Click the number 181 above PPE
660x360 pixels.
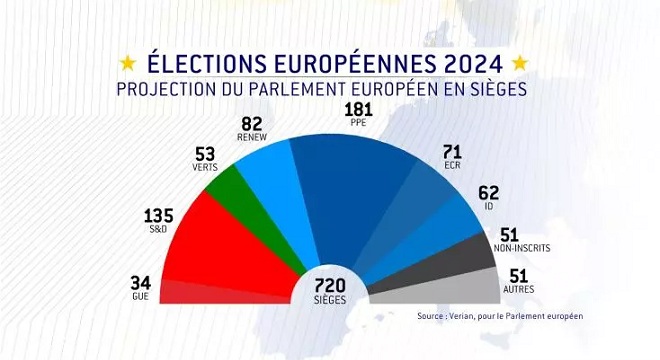[x=357, y=109]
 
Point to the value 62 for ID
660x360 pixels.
[x=488, y=191]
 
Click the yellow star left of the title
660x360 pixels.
[x=129, y=62]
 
